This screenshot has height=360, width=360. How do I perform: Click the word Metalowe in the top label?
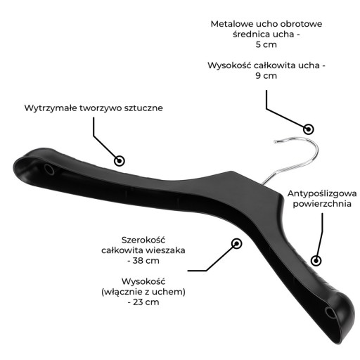232,24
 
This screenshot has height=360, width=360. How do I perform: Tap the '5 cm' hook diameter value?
266,44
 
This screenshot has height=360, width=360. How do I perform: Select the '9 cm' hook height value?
266,76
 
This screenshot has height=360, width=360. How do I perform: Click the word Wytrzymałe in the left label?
51,108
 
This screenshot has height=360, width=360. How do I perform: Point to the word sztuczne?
143,108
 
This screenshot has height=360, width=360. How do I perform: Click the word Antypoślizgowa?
322,194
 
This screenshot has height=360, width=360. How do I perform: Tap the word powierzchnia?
322,204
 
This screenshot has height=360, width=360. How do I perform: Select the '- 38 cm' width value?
143,261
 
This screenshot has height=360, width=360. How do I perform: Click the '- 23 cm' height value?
143,302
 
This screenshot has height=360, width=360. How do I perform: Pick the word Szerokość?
143,240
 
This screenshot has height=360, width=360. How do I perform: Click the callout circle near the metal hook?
309,129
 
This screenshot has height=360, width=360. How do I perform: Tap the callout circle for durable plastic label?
120,161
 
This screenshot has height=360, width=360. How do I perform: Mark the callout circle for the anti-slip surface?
316,261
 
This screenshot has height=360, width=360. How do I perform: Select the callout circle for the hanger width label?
236,244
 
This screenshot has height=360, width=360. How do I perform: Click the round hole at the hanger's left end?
49,169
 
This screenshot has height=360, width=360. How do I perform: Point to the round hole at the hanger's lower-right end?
330,313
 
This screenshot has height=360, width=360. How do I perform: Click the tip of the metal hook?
276,141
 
